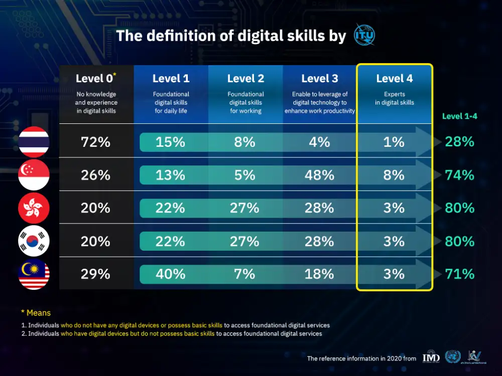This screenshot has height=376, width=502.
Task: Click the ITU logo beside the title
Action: pos(364,36)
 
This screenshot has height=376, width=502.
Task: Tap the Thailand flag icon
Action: pos(34,142)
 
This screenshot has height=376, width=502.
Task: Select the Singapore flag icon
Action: pos(34,175)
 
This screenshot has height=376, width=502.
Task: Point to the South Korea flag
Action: pos(34,241)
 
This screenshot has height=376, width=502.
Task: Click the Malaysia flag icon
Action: pos(34,274)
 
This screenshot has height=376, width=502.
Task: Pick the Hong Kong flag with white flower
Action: pos(34,208)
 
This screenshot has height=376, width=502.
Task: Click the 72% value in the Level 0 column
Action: pos(95,142)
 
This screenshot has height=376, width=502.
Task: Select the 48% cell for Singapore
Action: pos(319,175)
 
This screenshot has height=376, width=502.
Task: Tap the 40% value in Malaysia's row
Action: pos(171,274)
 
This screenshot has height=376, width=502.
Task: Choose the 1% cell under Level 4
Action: pos(394,142)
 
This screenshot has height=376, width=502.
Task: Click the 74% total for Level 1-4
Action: pos(459,175)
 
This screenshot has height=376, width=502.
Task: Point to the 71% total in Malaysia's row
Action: pos(459,274)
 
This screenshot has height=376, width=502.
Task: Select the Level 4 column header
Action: pos(394,79)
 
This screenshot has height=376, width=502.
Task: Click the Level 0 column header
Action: pos(95,79)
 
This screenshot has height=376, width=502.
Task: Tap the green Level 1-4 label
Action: pos(459,116)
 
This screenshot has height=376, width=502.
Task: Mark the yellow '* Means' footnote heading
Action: pos(36,313)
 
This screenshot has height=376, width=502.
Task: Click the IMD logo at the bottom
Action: pos(431,357)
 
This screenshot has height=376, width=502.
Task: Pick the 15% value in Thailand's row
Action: pos(171,142)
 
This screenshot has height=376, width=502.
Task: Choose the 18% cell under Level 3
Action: pos(319,274)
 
